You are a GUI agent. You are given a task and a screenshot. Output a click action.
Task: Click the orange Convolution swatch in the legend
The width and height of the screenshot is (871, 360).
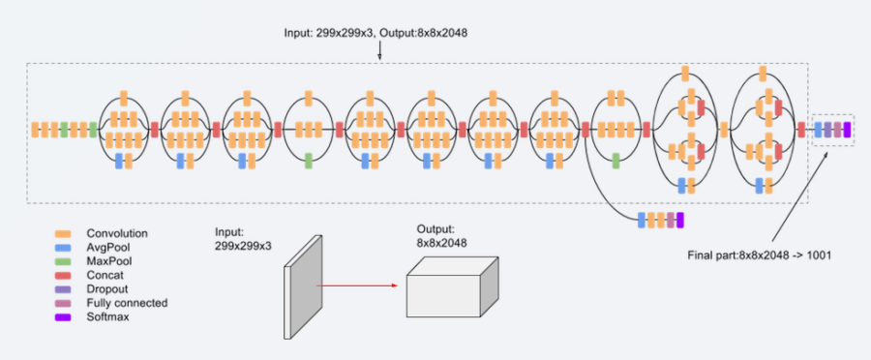click(x=62, y=233)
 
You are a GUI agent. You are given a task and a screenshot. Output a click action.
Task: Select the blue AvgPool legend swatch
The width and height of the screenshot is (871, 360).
click(x=62, y=247)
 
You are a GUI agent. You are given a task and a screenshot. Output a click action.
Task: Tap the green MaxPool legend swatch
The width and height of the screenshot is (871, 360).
click(x=62, y=261)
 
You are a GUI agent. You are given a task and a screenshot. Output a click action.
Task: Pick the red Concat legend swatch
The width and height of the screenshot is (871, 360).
click(x=62, y=275)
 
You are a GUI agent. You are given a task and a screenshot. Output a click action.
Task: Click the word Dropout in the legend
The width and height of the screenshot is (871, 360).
click(x=107, y=289)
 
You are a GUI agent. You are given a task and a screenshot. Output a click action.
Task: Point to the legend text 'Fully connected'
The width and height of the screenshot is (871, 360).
click(x=127, y=303)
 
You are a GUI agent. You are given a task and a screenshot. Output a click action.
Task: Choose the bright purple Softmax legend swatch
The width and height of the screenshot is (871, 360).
click(x=62, y=317)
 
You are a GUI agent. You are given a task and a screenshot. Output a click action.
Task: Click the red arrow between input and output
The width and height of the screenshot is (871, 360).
click(x=357, y=285)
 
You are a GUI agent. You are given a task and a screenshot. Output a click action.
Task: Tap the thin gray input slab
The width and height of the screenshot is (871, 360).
click(x=303, y=286)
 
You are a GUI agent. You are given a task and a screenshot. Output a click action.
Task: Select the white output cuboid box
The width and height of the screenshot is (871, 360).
click(x=452, y=287)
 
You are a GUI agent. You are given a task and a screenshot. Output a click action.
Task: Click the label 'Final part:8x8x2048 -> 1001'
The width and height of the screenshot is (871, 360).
click(x=760, y=256)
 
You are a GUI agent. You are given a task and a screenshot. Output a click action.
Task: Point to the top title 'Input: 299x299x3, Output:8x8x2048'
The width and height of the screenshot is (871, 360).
click(x=376, y=33)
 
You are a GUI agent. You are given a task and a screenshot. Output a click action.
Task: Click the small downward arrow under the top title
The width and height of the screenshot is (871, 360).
click(x=380, y=51)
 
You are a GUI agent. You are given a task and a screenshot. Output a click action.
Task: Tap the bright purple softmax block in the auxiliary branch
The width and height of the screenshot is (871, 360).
click(x=680, y=220)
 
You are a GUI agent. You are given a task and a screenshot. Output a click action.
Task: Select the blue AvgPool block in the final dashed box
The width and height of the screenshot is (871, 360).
click(x=818, y=130)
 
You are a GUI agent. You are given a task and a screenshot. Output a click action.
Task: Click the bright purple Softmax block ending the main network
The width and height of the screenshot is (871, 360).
click(x=847, y=130)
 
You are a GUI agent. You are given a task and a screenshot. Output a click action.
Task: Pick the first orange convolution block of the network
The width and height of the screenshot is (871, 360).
click(x=36, y=130)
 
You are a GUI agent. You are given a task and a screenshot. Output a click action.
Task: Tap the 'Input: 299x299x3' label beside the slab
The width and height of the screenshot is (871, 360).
click(x=243, y=239)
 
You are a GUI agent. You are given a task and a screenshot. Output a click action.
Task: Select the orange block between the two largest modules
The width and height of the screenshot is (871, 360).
click(x=724, y=130)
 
